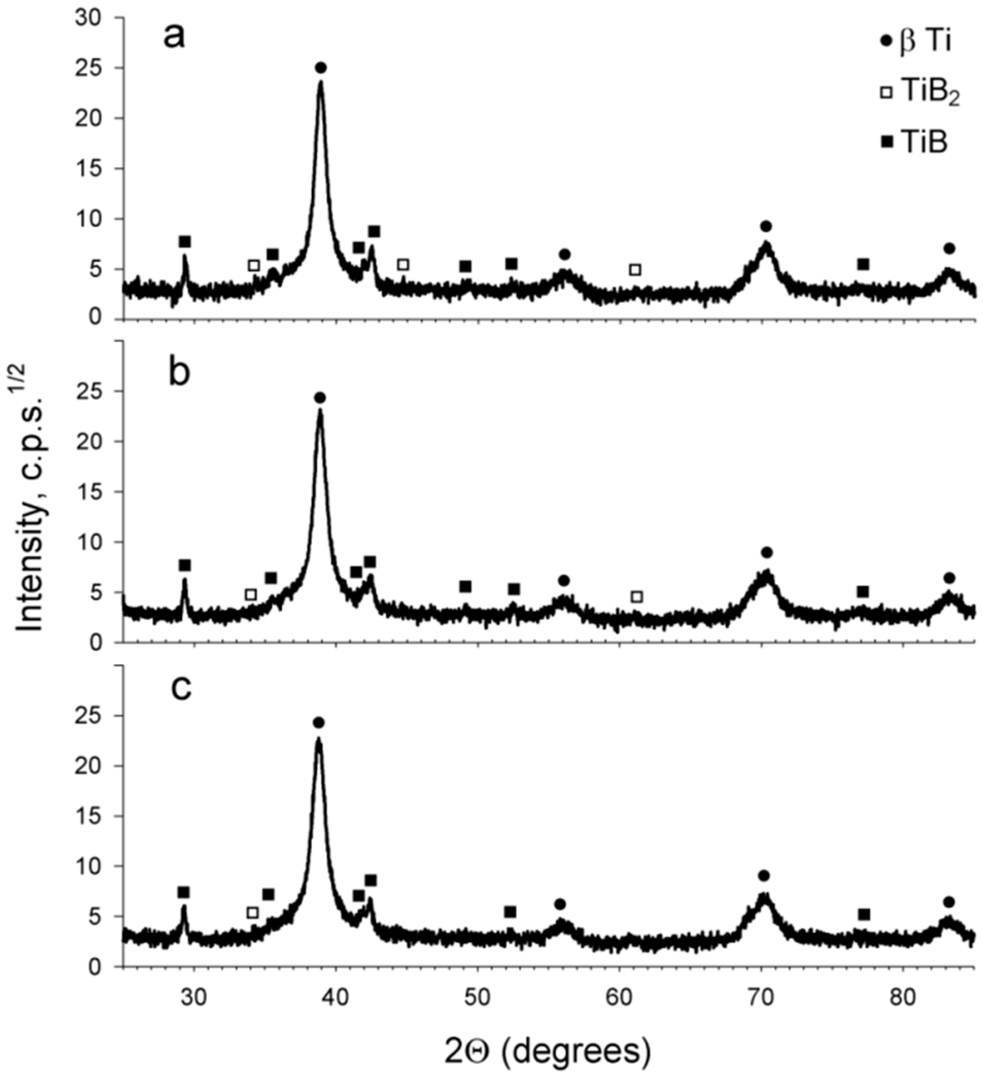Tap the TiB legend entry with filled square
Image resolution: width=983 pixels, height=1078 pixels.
(916, 143)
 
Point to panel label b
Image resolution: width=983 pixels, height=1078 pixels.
(179, 373)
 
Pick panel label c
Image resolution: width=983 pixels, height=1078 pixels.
(181, 688)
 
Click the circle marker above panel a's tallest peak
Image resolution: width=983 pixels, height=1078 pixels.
(321, 68)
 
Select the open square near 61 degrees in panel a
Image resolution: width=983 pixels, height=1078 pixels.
(635, 270)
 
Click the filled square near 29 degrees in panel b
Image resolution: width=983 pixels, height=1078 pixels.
(185, 565)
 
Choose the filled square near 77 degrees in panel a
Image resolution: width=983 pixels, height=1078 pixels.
(863, 264)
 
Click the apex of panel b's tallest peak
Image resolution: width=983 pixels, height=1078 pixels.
(320, 411)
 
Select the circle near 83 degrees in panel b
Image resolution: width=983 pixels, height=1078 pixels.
(950, 578)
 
